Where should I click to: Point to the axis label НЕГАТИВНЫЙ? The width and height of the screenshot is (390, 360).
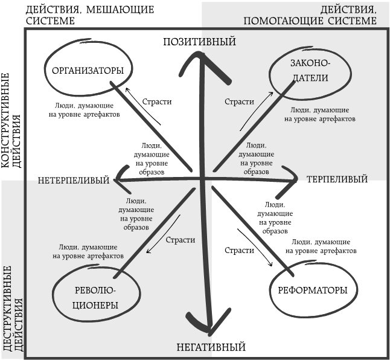tap(211, 347)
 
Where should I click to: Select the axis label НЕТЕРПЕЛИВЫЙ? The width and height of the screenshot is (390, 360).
tap(74, 181)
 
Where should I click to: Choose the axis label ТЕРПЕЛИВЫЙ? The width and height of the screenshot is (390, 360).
tap(337, 179)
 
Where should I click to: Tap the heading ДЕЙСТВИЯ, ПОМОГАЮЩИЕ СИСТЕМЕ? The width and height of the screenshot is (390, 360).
tap(311, 14)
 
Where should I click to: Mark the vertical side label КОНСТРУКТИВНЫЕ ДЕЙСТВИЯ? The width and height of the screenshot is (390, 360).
tap(12, 121)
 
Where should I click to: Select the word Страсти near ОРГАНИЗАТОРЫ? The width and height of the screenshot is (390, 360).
tap(158, 101)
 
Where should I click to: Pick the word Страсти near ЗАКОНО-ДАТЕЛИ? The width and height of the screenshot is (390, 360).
tap(238, 101)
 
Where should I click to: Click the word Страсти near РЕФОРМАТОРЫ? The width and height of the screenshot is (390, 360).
tap(238, 250)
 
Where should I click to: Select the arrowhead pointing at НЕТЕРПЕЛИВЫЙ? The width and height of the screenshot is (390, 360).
tap(119, 179)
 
